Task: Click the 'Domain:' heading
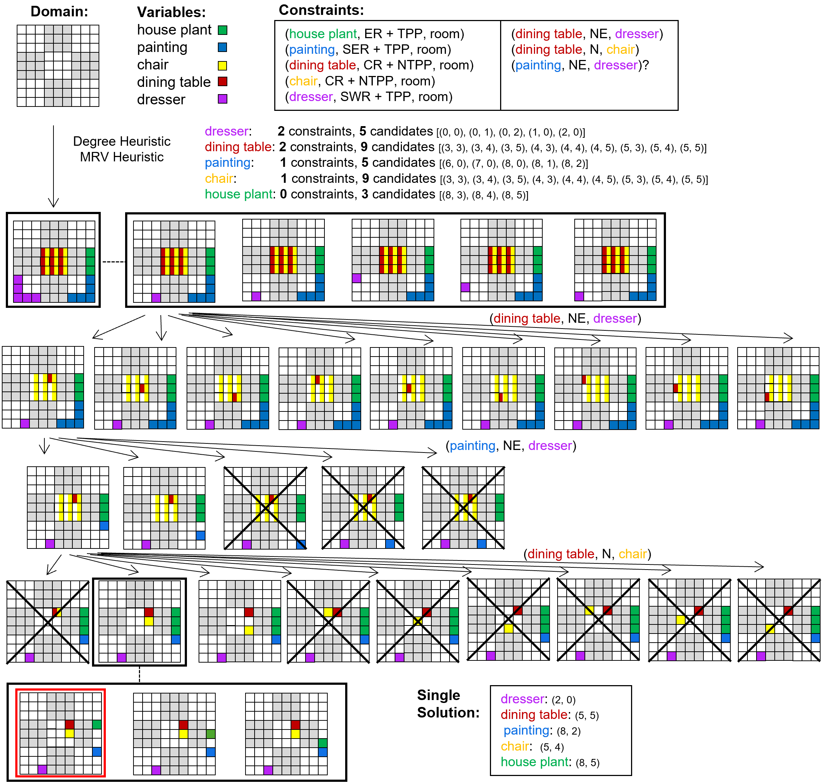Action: click(59, 11)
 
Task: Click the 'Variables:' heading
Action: click(171, 12)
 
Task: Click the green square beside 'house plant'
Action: click(223, 30)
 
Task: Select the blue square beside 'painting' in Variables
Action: click(223, 47)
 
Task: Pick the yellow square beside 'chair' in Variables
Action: click(223, 66)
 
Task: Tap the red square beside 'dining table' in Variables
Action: click(223, 81)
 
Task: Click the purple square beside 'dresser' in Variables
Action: click(223, 99)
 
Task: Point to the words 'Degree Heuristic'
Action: click(122, 141)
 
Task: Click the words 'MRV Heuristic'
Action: click(122, 157)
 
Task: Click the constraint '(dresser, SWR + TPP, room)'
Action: click(368, 97)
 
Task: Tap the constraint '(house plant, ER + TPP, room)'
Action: click(374, 34)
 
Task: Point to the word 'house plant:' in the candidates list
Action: click(240, 194)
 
